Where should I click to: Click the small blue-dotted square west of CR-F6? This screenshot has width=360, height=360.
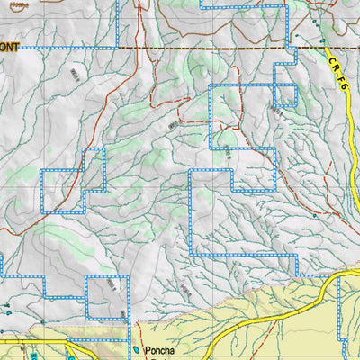click(x=285, y=94)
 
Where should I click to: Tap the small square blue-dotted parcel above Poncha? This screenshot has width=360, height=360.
click(x=107, y=297)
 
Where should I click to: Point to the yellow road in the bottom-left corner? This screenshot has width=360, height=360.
click(x=27, y=342)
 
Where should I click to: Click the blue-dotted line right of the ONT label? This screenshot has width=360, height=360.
click(x=72, y=47)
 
